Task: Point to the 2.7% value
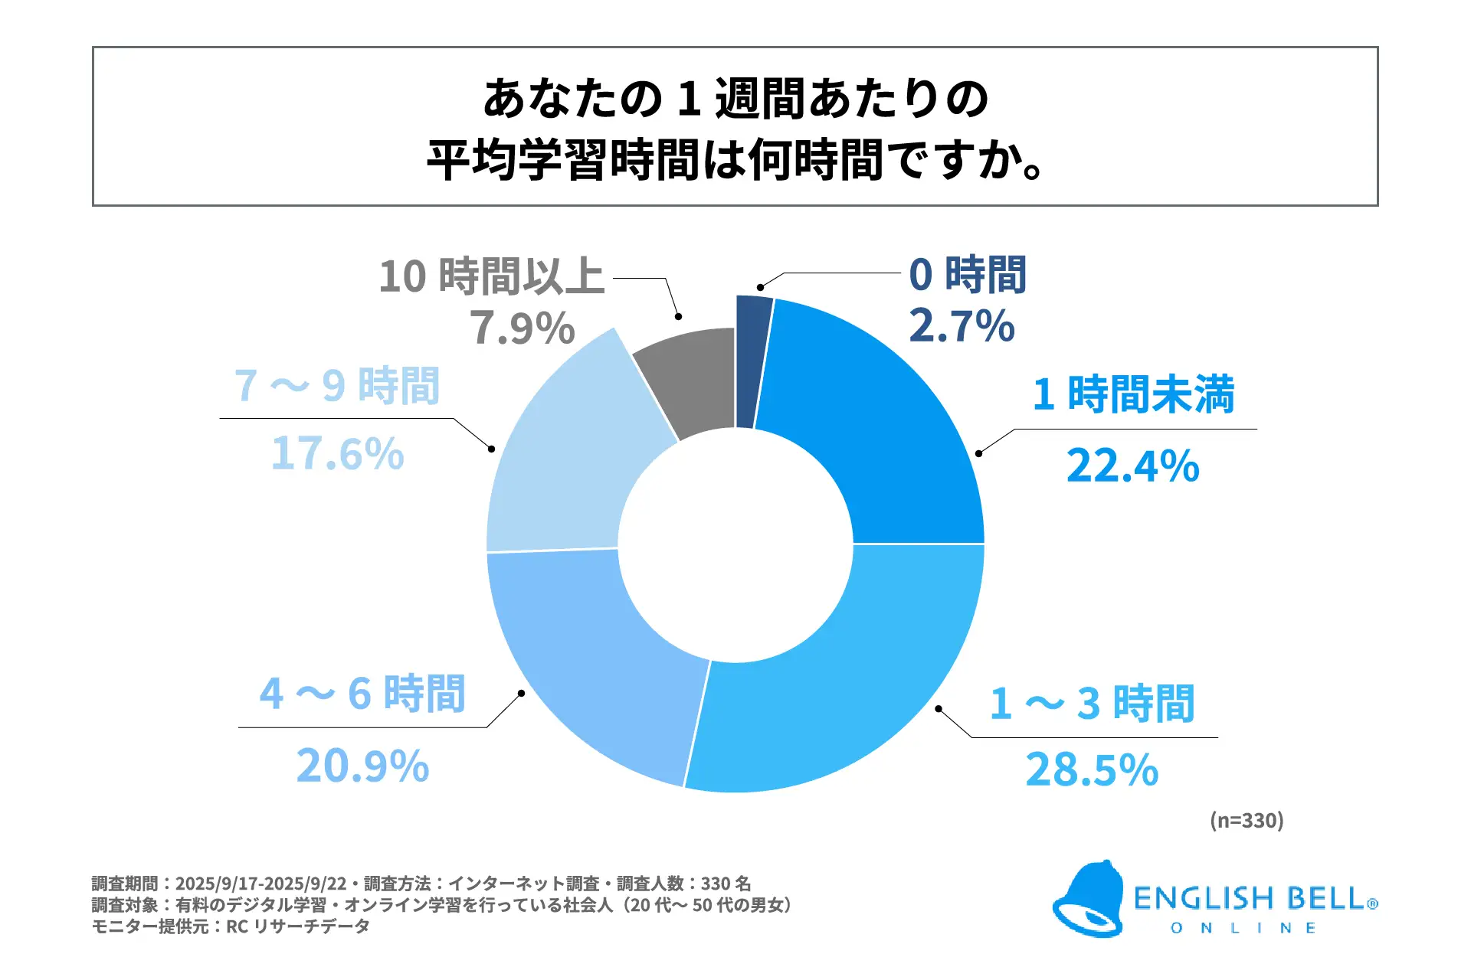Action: click(x=962, y=326)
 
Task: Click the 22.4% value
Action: click(x=1132, y=465)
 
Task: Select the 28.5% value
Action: click(x=1092, y=769)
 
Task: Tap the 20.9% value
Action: click(x=362, y=766)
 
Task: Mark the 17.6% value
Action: click(x=337, y=453)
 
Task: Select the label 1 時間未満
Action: click(x=1133, y=394)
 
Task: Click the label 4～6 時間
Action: click(x=362, y=694)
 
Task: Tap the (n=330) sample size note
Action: click(x=1247, y=821)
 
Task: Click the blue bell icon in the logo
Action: click(x=1088, y=900)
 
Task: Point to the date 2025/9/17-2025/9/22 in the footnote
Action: click(x=260, y=884)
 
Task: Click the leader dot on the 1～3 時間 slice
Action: click(x=939, y=709)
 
